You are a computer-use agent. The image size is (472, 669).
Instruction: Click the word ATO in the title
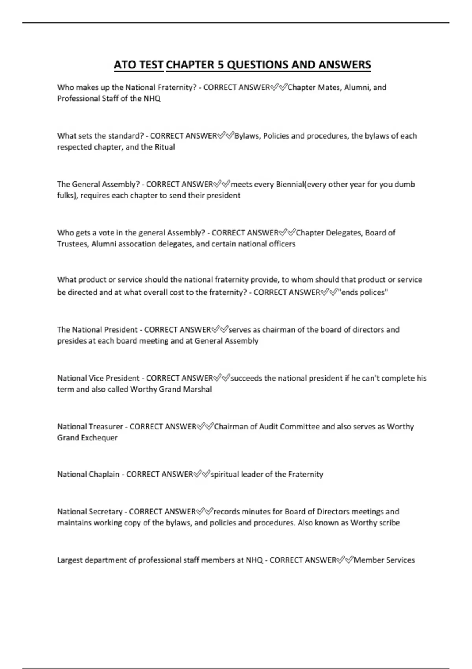click(124, 65)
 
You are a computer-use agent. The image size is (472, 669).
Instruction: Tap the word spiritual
click(225, 474)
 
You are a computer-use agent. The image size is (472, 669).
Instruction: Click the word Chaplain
click(104, 474)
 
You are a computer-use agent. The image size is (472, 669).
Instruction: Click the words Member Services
click(384, 560)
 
